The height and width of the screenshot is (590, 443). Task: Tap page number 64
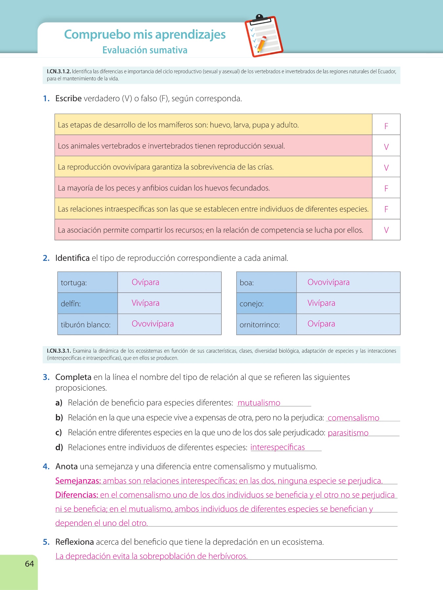[29, 563]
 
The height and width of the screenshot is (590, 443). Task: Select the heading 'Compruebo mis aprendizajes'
[145, 34]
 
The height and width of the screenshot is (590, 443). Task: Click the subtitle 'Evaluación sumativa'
[145, 50]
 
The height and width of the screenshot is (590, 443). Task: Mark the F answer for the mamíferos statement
[386, 126]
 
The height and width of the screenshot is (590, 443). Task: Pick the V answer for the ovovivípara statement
[386, 168]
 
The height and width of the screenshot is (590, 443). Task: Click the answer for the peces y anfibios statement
[386, 188]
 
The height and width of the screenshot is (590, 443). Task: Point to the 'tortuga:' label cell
[74, 283]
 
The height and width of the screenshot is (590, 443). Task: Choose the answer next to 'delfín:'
[145, 303]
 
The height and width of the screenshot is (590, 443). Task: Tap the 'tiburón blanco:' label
[86, 325]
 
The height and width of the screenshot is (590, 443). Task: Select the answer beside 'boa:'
[328, 282]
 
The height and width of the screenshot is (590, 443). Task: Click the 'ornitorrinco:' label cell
[260, 325]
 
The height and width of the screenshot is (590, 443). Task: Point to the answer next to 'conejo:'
[321, 303]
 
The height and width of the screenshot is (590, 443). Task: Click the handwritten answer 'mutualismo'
[259, 403]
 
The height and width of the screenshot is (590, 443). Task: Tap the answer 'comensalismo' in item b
[353, 418]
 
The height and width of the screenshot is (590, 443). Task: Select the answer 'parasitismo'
[348, 433]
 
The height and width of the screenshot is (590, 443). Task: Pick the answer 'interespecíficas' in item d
[278, 447]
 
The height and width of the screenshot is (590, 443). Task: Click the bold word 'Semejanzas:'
[78, 481]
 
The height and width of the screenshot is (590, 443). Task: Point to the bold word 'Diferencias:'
[77, 495]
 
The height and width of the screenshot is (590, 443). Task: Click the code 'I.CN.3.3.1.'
[59, 351]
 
